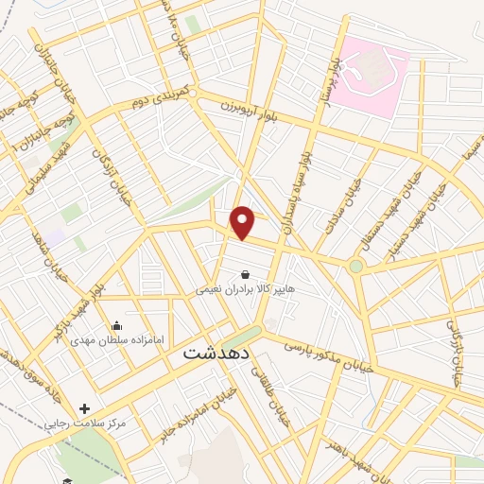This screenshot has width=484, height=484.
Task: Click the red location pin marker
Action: click(244, 222)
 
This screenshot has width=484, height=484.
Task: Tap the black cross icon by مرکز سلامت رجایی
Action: click(85, 409)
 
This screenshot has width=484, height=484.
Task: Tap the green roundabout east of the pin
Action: click(355, 267)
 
